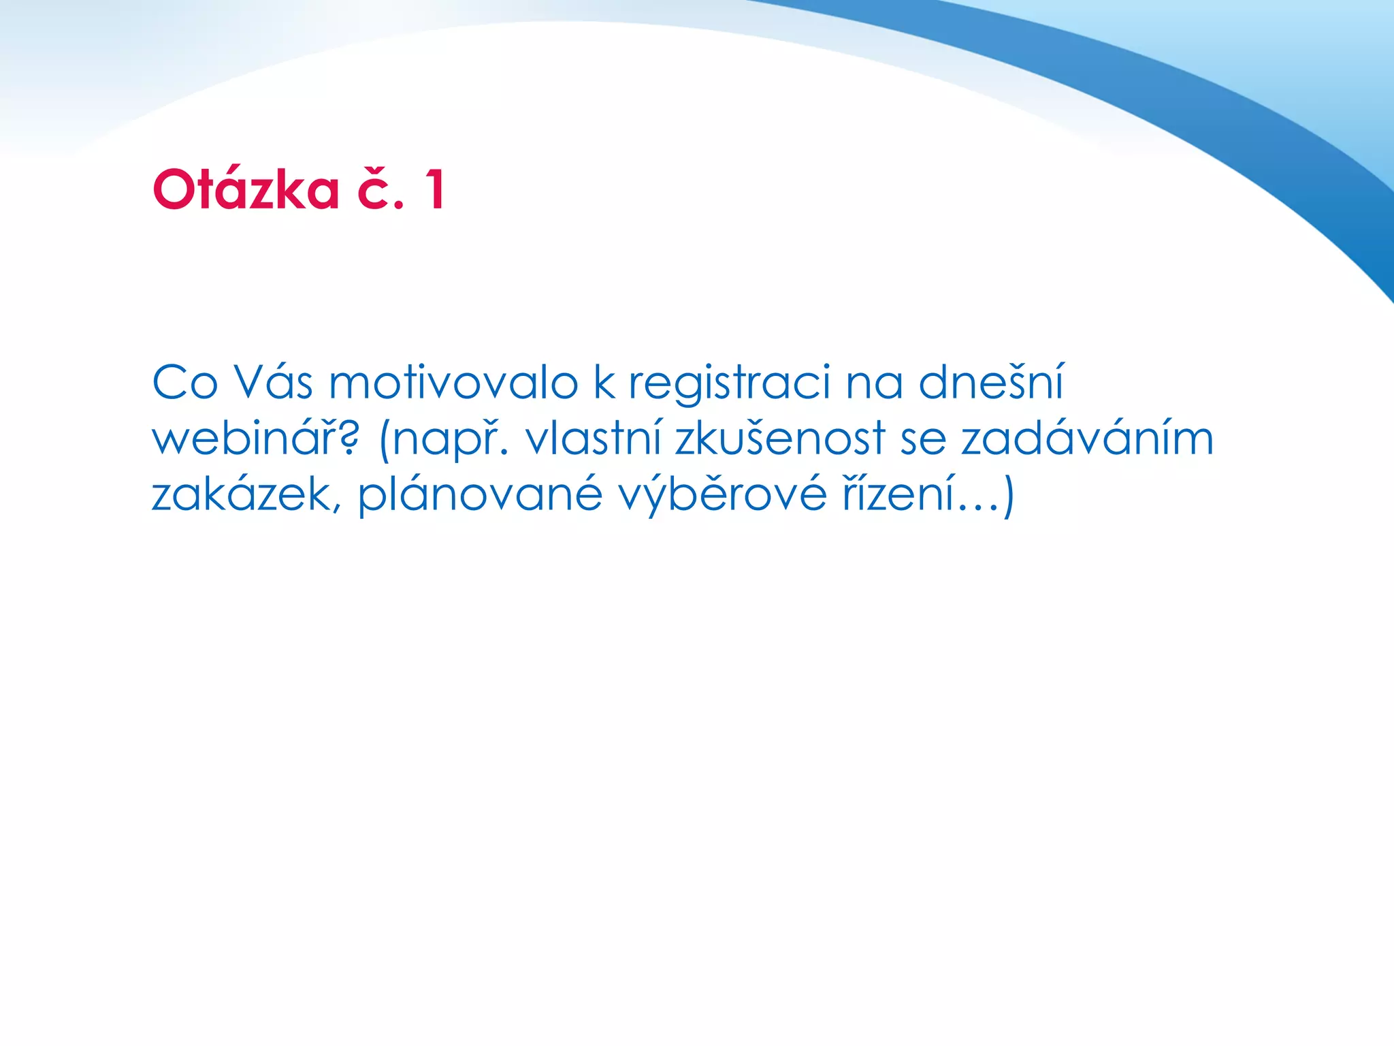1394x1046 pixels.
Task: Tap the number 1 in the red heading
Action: pyautogui.click(x=435, y=189)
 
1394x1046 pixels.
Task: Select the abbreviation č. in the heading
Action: pyautogui.click(x=380, y=189)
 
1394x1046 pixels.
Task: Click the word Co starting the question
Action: pyautogui.click(x=184, y=383)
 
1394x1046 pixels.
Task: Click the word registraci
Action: pyautogui.click(x=729, y=383)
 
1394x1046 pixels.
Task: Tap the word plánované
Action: pyautogui.click(x=481, y=496)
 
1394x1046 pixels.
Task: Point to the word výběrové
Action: pyautogui.click(x=722, y=494)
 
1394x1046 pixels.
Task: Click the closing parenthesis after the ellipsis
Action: pyautogui.click(x=1008, y=496)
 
